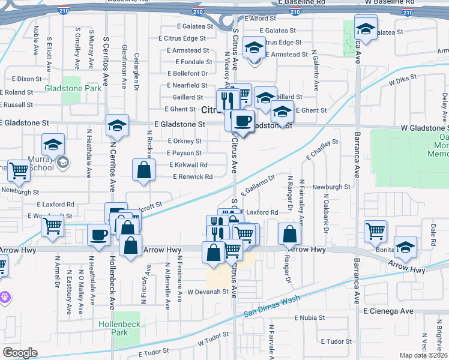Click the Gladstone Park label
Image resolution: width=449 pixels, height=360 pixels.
click(73, 89)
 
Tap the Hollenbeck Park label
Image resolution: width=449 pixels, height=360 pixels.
click(120, 328)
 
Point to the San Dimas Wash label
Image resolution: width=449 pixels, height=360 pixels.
click(272, 306)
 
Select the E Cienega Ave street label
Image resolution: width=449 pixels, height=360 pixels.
click(389, 311)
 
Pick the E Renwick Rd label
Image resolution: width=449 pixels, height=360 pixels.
click(193, 177)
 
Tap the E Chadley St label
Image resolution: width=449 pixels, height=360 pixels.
click(323, 150)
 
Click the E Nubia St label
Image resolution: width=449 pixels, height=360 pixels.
click(310, 317)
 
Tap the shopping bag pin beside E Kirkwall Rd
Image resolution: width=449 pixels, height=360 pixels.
click(145, 170)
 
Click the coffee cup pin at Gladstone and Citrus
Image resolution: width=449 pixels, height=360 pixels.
click(243, 121)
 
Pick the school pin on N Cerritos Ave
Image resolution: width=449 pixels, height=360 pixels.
click(117, 125)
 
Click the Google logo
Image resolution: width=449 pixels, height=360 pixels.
click(20, 352)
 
